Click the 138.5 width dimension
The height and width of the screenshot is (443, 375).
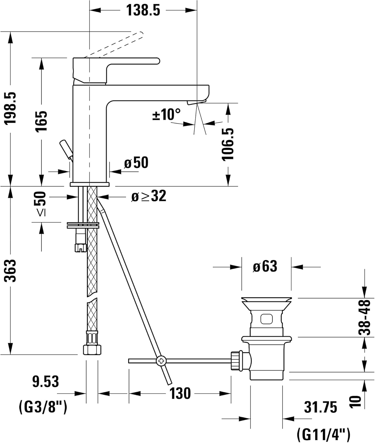143,10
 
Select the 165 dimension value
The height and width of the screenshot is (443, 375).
41,121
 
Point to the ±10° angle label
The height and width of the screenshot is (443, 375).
166,114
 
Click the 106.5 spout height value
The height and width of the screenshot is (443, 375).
228,144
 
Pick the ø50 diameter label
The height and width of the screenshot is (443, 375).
136,162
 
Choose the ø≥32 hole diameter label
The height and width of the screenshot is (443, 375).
149,196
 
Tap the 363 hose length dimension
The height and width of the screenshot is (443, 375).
10,271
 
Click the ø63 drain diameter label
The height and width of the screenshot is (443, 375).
265,266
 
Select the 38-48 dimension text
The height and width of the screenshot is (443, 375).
364,317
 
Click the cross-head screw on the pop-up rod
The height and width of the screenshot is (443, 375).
161,361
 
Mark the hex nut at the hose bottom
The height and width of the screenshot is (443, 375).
92,350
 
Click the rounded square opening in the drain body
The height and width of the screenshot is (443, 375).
266,319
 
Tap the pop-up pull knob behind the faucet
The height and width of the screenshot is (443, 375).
66,149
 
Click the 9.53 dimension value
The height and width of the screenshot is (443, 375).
45,382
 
